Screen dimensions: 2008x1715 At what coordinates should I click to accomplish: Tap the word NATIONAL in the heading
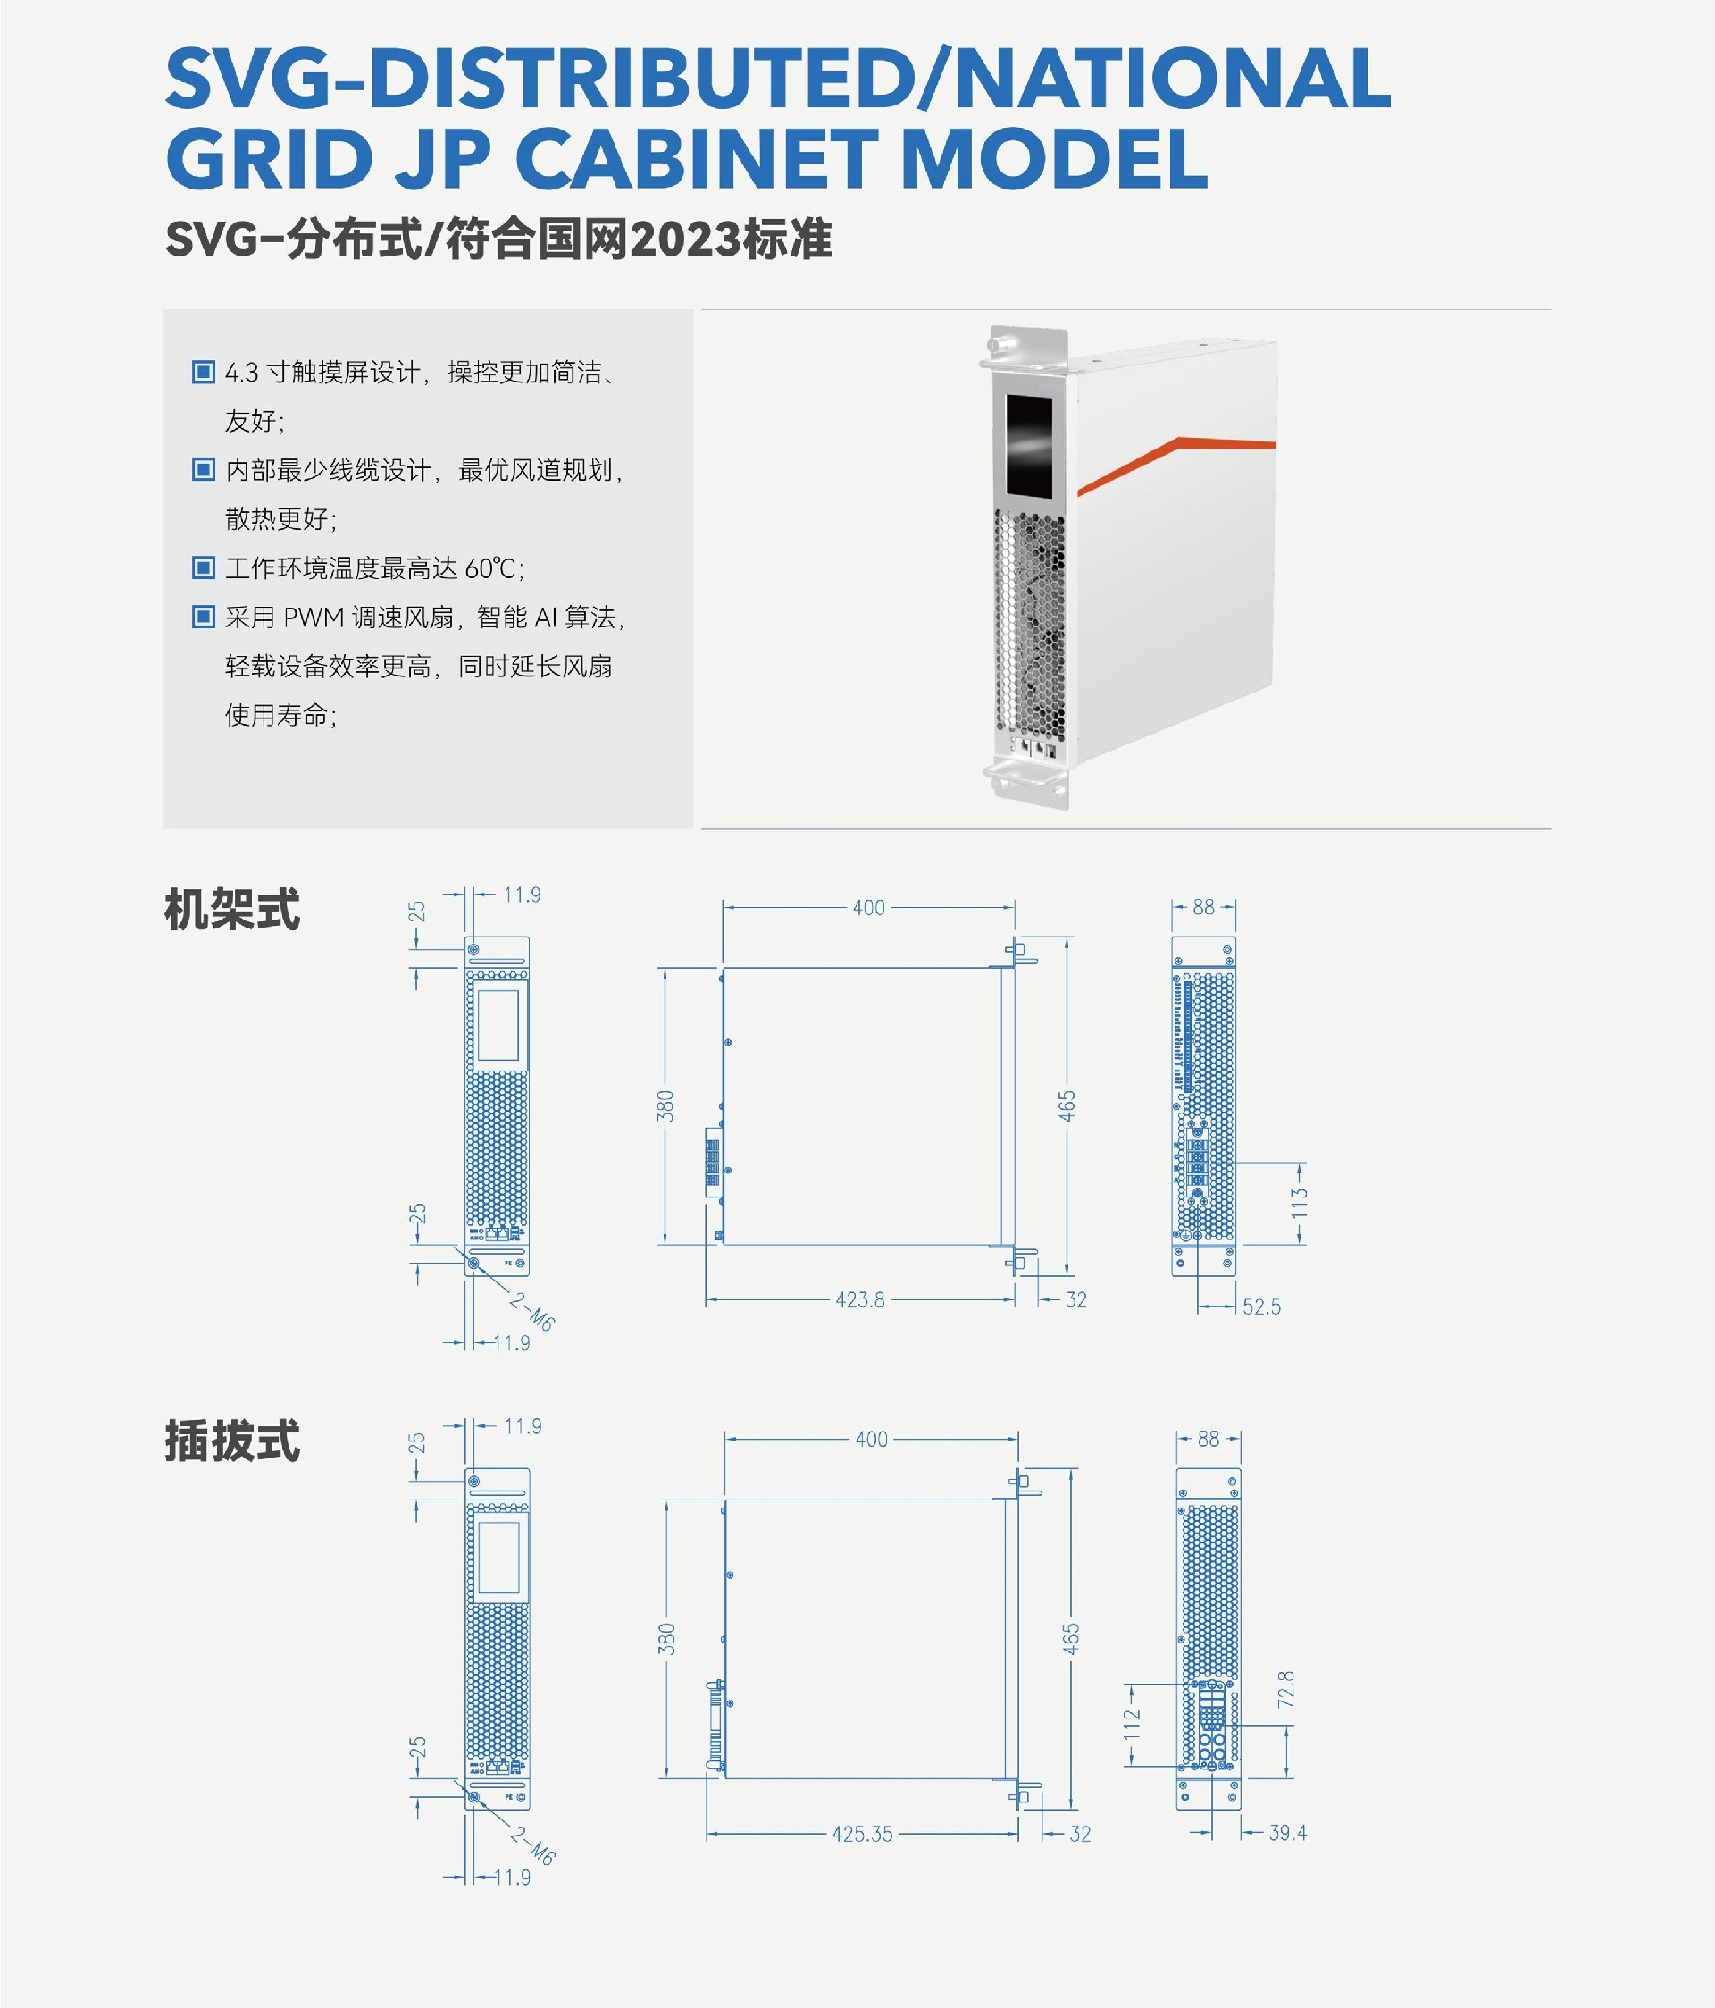[1173, 79]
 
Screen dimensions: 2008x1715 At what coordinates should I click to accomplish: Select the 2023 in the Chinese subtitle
[685, 239]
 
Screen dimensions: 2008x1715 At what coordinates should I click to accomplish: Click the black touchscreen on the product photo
[1028, 445]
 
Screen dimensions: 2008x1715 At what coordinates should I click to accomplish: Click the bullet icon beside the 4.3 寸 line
[204, 372]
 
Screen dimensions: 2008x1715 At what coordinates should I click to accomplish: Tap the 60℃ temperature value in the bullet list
[492, 567]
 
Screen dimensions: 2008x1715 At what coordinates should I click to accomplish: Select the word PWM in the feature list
[315, 618]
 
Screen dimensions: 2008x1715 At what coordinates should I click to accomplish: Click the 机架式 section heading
[232, 910]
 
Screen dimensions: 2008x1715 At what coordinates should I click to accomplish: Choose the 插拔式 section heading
[232, 1441]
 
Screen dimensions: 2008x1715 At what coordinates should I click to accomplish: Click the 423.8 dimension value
[859, 1299]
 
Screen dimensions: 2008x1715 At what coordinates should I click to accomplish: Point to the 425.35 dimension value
[862, 1834]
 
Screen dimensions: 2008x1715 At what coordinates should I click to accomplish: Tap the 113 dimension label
[1300, 1204]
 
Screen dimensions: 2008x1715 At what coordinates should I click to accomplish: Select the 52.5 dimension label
[1261, 1306]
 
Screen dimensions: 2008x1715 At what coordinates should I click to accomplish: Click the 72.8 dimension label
[1285, 1689]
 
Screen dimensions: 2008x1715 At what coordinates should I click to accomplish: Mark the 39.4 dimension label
[1288, 1833]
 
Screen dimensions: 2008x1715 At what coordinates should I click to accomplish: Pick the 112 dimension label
[1132, 1724]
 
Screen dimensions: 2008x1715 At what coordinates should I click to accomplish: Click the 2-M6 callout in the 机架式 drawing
[532, 1311]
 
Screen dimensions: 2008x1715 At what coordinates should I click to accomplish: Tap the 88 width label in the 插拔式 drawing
[1209, 1439]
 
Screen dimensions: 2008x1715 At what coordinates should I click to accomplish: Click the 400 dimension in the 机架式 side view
[869, 908]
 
